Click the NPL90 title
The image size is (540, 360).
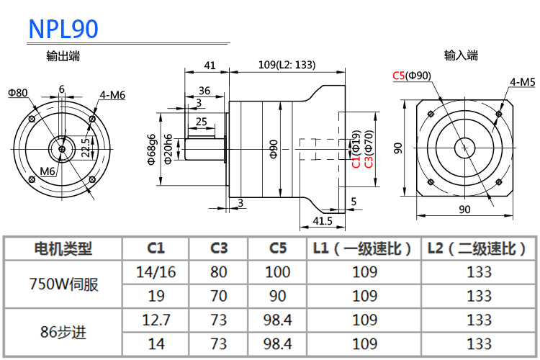click(x=63, y=29)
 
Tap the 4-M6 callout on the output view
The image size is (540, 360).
click(x=112, y=95)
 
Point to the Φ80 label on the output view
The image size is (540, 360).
click(x=17, y=93)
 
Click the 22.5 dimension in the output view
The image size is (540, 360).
click(x=86, y=148)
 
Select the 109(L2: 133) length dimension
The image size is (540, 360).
click(x=287, y=65)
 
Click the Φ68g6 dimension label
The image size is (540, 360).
click(x=151, y=149)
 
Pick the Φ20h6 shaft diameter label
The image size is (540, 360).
click(x=168, y=149)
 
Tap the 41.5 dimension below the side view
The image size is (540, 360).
click(x=323, y=221)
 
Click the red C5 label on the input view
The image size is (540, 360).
click(x=398, y=76)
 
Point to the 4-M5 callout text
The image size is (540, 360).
click(x=523, y=82)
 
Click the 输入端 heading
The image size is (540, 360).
click(x=461, y=55)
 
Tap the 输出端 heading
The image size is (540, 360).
click(x=63, y=56)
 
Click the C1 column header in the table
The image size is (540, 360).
click(x=156, y=248)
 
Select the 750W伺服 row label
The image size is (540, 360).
click(x=63, y=284)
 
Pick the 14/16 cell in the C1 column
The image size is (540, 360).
click(x=156, y=272)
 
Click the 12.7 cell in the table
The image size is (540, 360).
click(x=156, y=320)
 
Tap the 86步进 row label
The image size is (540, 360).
click(x=63, y=332)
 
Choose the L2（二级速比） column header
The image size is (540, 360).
click(x=477, y=248)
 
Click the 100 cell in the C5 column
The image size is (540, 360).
click(x=278, y=272)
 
